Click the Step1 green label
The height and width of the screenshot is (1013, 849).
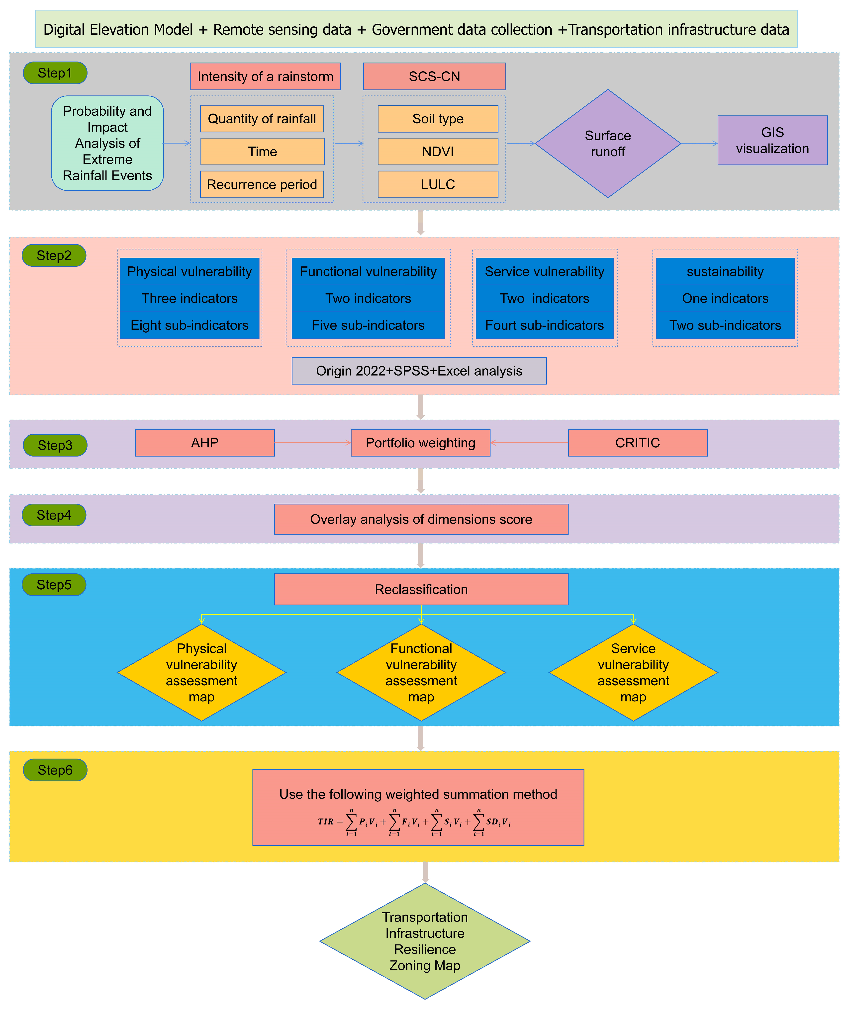(55, 73)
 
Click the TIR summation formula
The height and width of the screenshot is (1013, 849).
(414, 822)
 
